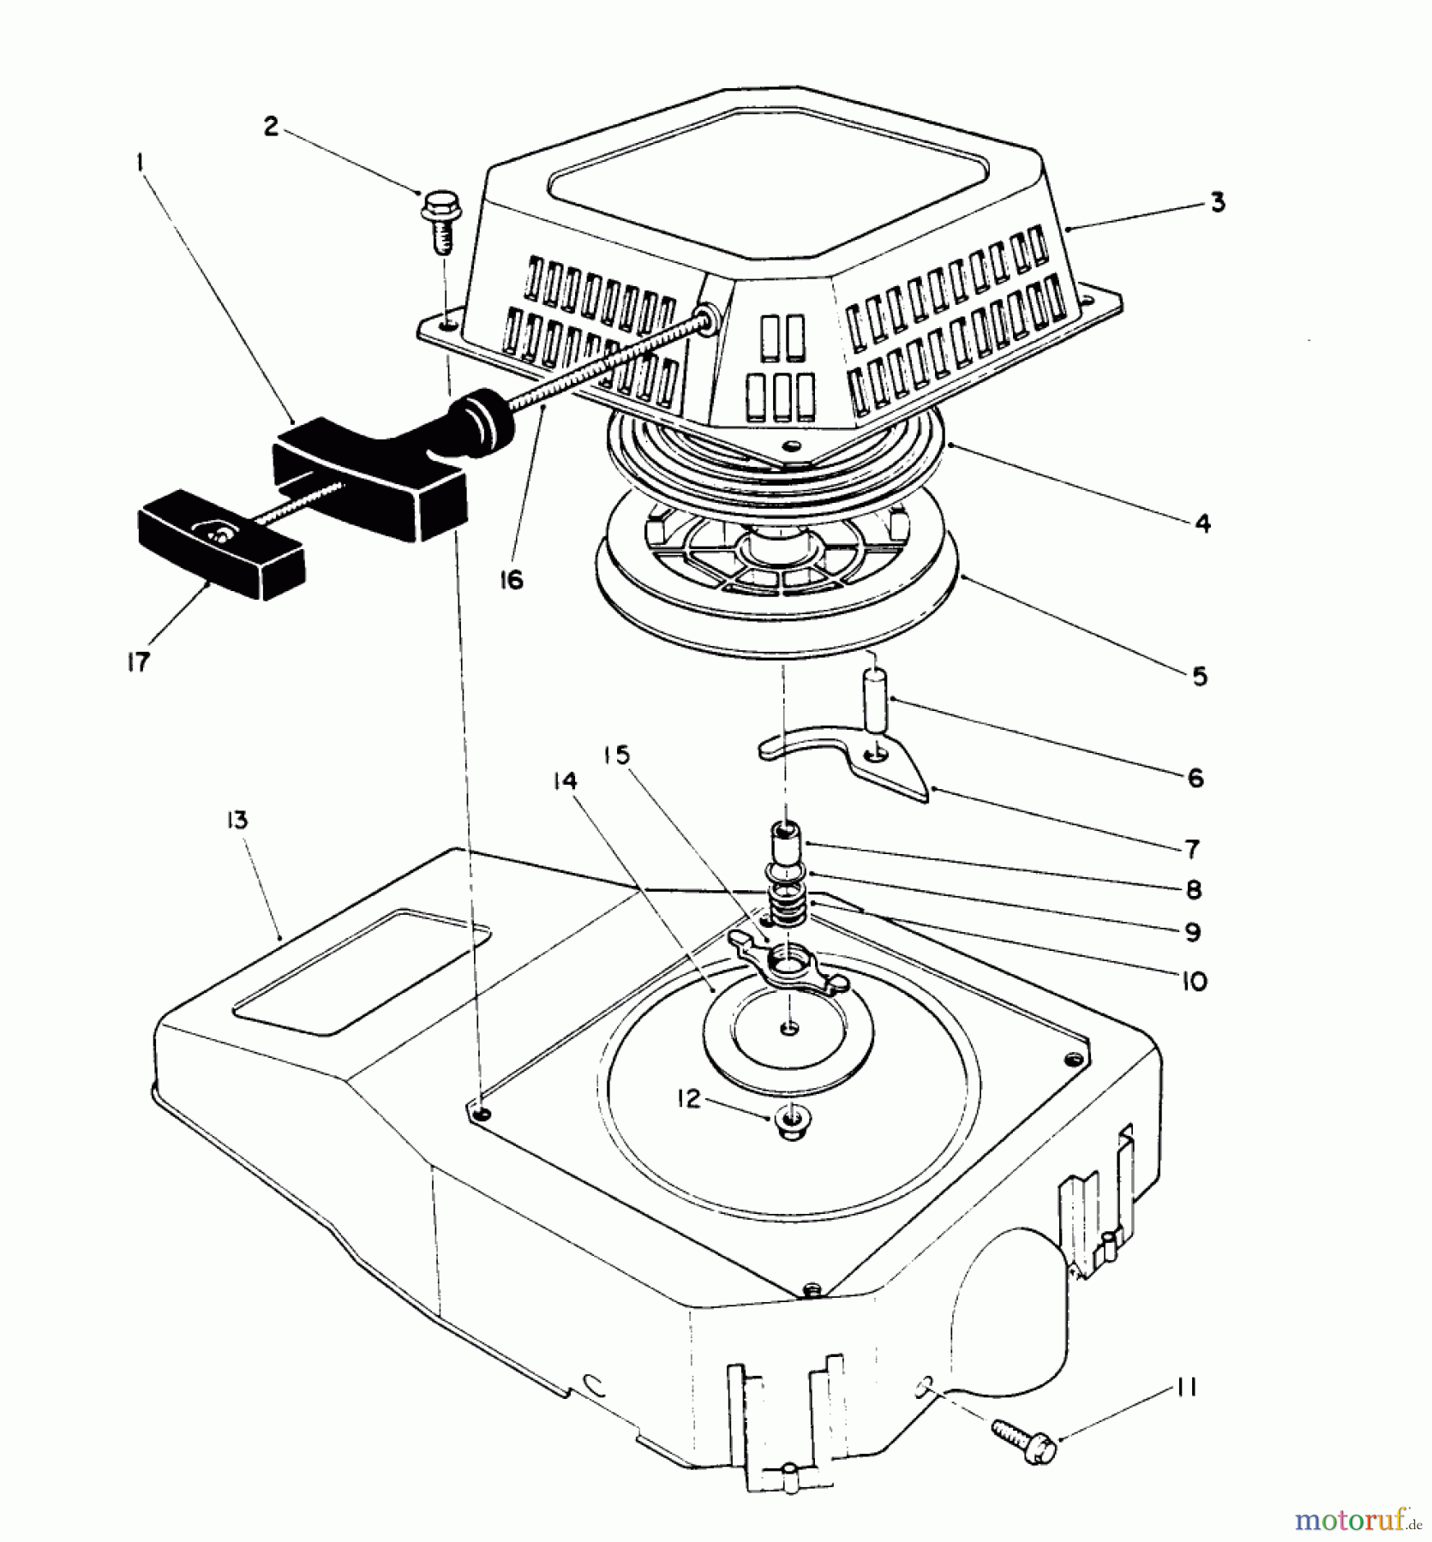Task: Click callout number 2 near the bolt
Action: point(271,127)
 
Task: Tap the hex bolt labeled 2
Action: point(437,219)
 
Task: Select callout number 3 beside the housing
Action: point(1217,203)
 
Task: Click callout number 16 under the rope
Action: point(512,580)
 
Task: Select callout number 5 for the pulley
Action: point(1199,676)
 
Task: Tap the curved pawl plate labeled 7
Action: point(848,758)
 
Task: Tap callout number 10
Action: point(1193,980)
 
